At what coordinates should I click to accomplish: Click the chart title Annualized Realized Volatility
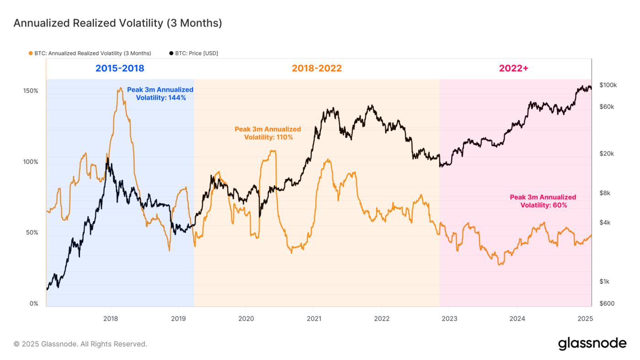pyautogui.click(x=117, y=23)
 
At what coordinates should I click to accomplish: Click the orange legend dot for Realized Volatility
pyautogui.click(x=31, y=53)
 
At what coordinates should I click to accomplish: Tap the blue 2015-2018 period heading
pyautogui.click(x=120, y=69)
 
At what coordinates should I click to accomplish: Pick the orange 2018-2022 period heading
pyautogui.click(x=317, y=69)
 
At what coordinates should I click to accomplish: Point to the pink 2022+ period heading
pyautogui.click(x=513, y=69)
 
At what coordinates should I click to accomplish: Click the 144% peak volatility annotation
pyautogui.click(x=160, y=94)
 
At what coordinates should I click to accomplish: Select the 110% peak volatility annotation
pyautogui.click(x=268, y=133)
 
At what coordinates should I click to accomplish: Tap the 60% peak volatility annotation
pyautogui.click(x=543, y=201)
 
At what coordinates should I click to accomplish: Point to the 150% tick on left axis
pyautogui.click(x=31, y=90)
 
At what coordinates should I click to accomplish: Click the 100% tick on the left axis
pyautogui.click(x=31, y=162)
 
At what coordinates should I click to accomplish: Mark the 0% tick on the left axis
pyautogui.click(x=34, y=304)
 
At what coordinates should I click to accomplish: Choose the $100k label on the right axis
pyautogui.click(x=608, y=85)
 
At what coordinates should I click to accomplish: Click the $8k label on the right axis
pyautogui.click(x=605, y=193)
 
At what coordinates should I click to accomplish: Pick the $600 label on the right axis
pyautogui.click(x=606, y=304)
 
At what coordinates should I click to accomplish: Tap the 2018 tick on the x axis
pyautogui.click(x=110, y=318)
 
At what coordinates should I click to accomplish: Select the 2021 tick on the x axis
pyautogui.click(x=314, y=318)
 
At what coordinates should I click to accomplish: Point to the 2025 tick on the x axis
pyautogui.click(x=585, y=318)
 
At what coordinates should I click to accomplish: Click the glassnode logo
pyautogui.click(x=592, y=344)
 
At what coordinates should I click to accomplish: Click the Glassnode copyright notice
pyautogui.click(x=80, y=344)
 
